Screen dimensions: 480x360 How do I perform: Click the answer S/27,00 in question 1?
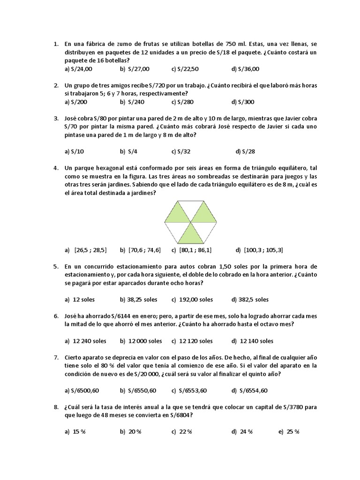click(137, 69)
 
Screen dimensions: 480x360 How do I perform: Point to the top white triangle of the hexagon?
click(191, 210)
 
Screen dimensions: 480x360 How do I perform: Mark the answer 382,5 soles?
click(253, 300)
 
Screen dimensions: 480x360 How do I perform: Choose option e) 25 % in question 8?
click(292, 432)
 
